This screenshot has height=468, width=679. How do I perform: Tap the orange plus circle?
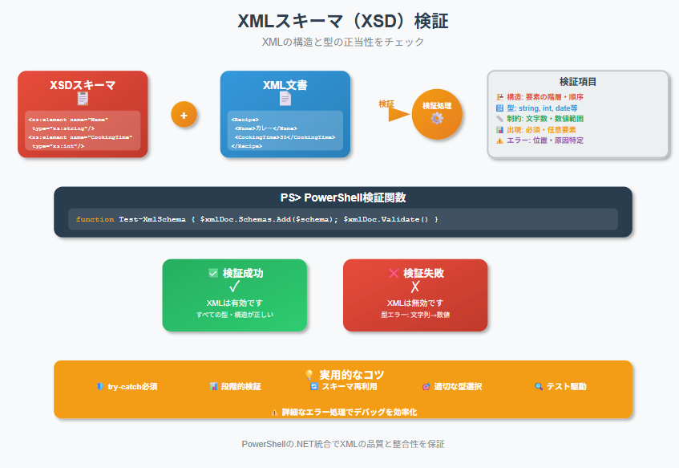coord(184,115)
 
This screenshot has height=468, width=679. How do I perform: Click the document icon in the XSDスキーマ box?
coord(83,99)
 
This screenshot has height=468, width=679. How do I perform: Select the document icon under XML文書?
coord(285,99)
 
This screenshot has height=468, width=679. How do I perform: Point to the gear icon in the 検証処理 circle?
coord(437,118)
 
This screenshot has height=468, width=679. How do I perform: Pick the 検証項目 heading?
coord(577,82)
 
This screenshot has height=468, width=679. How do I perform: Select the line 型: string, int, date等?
coord(542,108)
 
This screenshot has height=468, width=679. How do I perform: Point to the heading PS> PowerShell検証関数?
coord(342,198)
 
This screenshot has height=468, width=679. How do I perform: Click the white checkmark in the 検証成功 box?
coord(235,287)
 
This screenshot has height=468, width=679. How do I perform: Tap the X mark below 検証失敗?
coord(415,287)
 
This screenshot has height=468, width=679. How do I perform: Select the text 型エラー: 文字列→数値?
coord(415,315)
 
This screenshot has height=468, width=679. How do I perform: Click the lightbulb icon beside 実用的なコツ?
coord(309,374)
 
